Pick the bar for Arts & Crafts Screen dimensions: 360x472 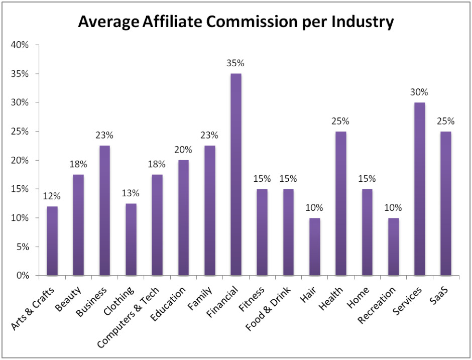pos(53,241)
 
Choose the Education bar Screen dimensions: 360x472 pos(183,218)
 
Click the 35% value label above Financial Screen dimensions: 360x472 pos(235,63)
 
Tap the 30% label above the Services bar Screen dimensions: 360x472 pos(418,92)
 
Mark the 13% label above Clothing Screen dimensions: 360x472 pos(131,193)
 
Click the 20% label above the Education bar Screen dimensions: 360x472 pos(183,150)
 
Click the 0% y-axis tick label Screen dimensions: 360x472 pos(22,276)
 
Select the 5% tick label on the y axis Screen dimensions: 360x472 pos(22,247)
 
